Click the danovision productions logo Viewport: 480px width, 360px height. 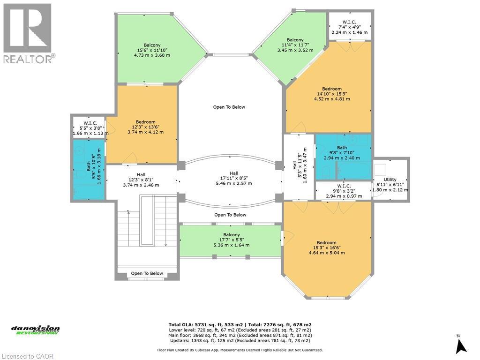click(x=36, y=330)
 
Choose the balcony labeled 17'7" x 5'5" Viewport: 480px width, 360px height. click(x=231, y=240)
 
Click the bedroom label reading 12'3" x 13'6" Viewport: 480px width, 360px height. click(x=145, y=127)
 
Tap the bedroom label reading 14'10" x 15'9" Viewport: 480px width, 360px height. click(x=331, y=94)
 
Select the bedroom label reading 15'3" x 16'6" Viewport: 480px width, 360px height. click(x=326, y=247)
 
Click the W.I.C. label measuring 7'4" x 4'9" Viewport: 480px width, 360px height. click(x=350, y=27)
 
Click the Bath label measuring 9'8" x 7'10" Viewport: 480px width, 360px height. click(x=342, y=153)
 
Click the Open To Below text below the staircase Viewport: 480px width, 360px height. click(x=147, y=273)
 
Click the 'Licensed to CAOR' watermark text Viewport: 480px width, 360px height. click(x=27, y=356)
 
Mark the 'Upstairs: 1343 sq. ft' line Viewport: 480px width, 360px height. click(x=240, y=341)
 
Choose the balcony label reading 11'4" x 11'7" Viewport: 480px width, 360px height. click(x=295, y=45)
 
